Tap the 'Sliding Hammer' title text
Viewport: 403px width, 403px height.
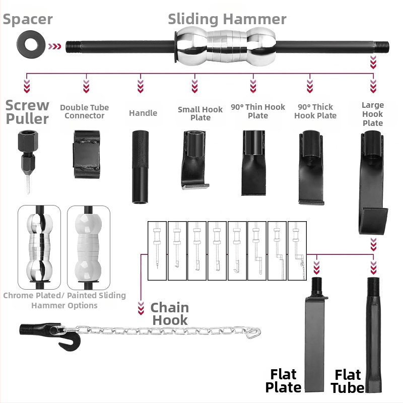[x=227, y=19]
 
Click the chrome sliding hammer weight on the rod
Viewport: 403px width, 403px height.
[x=224, y=46]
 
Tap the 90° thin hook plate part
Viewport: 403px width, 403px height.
[x=253, y=162]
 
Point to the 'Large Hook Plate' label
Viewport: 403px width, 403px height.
[x=373, y=114]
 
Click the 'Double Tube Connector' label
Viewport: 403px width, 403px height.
[x=85, y=111]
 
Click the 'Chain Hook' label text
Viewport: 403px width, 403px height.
[x=170, y=313]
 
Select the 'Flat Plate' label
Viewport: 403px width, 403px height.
[x=284, y=381]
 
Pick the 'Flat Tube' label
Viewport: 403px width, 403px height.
[x=348, y=381]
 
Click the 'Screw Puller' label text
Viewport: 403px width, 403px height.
[x=28, y=112]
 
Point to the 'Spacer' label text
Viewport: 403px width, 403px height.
[x=28, y=20]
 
